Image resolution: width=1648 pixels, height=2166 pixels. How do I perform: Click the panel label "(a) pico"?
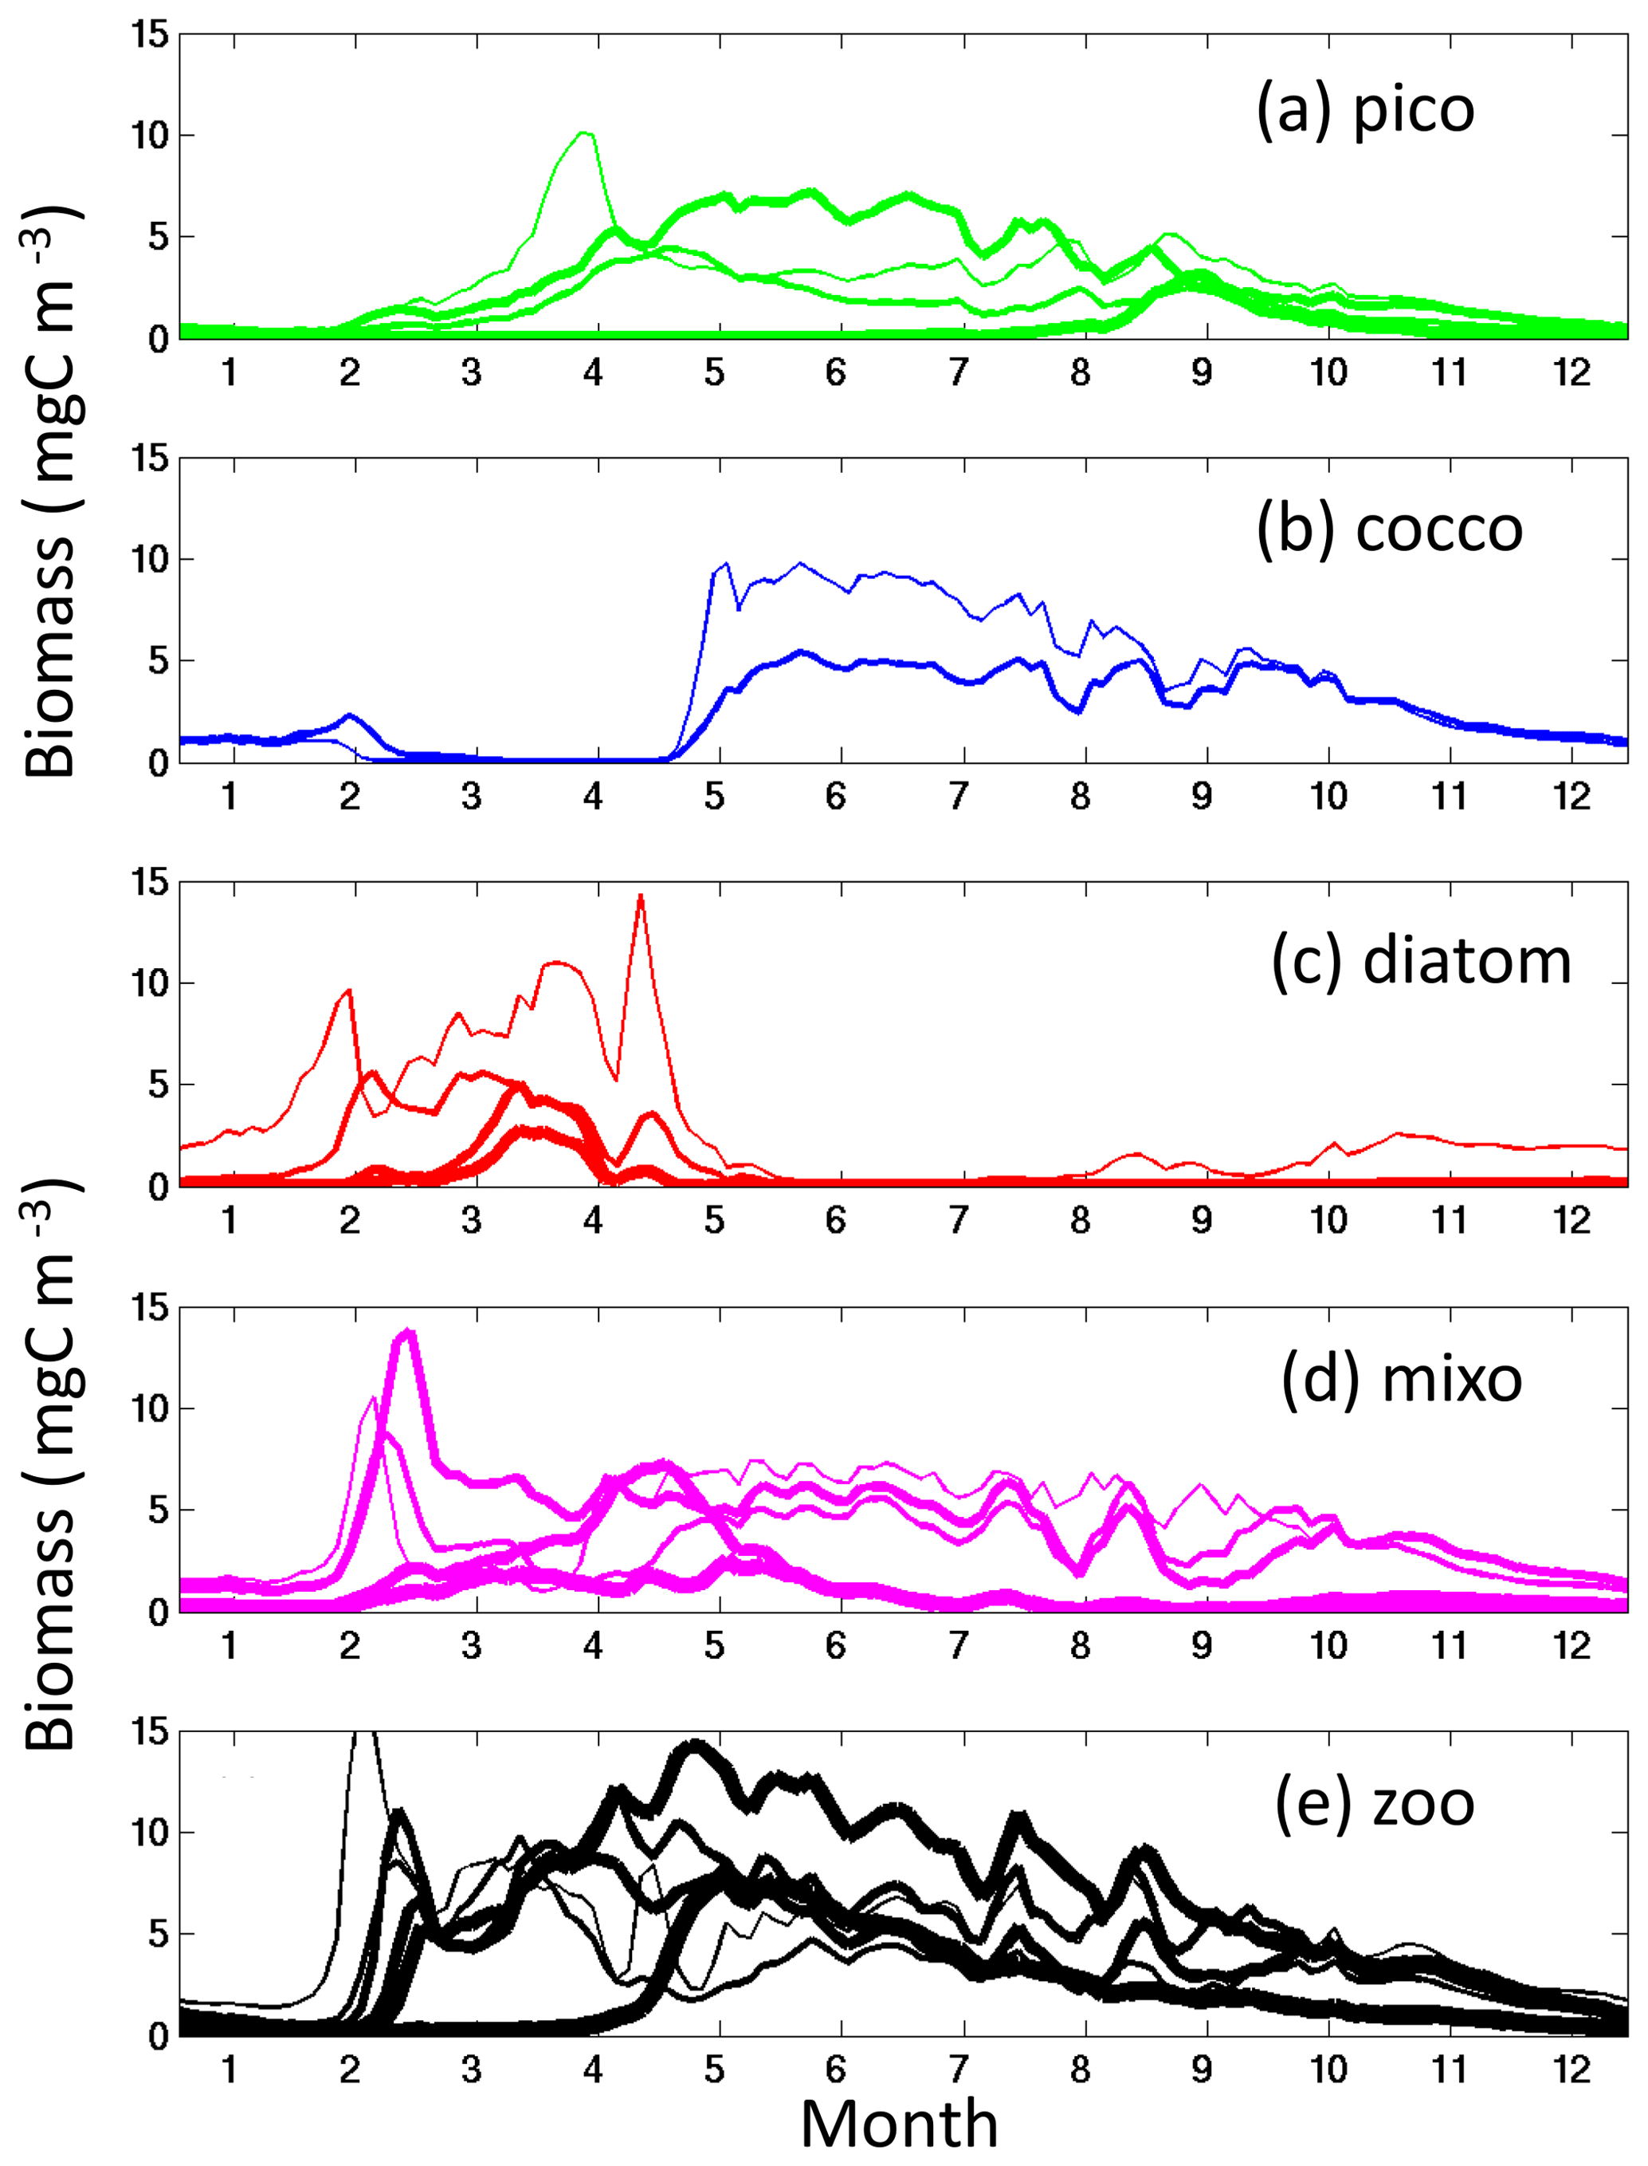[1364, 111]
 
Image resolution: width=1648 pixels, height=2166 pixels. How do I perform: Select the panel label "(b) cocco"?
[1389, 531]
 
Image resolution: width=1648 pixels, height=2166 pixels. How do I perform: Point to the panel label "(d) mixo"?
[1402, 1380]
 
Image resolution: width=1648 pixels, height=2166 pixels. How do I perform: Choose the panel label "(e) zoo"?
[1375, 1804]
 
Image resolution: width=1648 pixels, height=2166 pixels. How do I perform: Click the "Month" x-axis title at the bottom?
[900, 2125]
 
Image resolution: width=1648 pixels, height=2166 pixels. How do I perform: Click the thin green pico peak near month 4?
[585, 132]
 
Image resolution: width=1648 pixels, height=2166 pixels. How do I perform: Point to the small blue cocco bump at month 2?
[350, 715]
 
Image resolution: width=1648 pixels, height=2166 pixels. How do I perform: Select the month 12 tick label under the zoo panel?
[1571, 2070]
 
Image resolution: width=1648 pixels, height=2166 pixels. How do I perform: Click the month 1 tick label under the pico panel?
[230, 373]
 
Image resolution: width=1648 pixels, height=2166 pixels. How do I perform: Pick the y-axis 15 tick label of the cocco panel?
[150, 459]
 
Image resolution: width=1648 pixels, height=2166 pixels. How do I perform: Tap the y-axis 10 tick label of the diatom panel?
[150, 984]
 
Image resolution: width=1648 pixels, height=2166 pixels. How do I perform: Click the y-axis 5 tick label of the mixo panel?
[157, 1510]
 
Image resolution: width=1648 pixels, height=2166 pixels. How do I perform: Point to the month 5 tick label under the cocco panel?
[715, 797]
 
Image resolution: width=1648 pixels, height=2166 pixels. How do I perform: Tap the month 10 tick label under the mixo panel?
[1328, 1645]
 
